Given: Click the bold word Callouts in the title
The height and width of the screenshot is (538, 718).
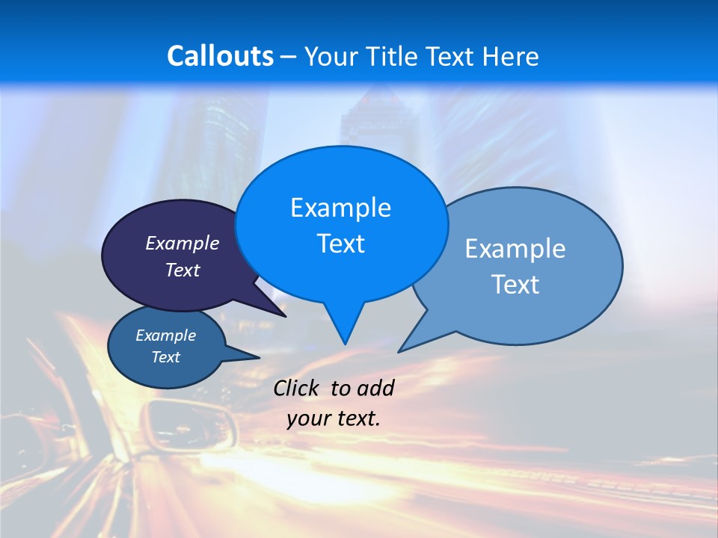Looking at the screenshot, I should click(220, 56).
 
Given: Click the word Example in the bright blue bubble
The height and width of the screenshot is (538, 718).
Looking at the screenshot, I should click(340, 208).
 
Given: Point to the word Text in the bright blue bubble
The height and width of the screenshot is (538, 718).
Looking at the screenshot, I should click(340, 244).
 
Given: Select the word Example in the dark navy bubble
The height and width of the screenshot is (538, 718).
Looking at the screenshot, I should click(182, 244).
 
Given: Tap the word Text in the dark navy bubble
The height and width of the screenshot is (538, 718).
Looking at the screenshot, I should click(182, 270).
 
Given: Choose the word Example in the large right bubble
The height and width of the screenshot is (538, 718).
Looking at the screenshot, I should click(515, 249).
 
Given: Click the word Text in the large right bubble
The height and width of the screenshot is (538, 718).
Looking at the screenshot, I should click(515, 285).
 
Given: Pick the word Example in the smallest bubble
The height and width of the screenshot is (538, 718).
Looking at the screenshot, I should click(165, 336).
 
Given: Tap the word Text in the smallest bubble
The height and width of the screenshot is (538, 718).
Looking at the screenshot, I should click(165, 357).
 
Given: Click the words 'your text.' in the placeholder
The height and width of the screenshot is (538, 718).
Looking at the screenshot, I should click(333, 418).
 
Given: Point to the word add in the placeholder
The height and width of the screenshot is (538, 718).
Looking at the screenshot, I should click(375, 388).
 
